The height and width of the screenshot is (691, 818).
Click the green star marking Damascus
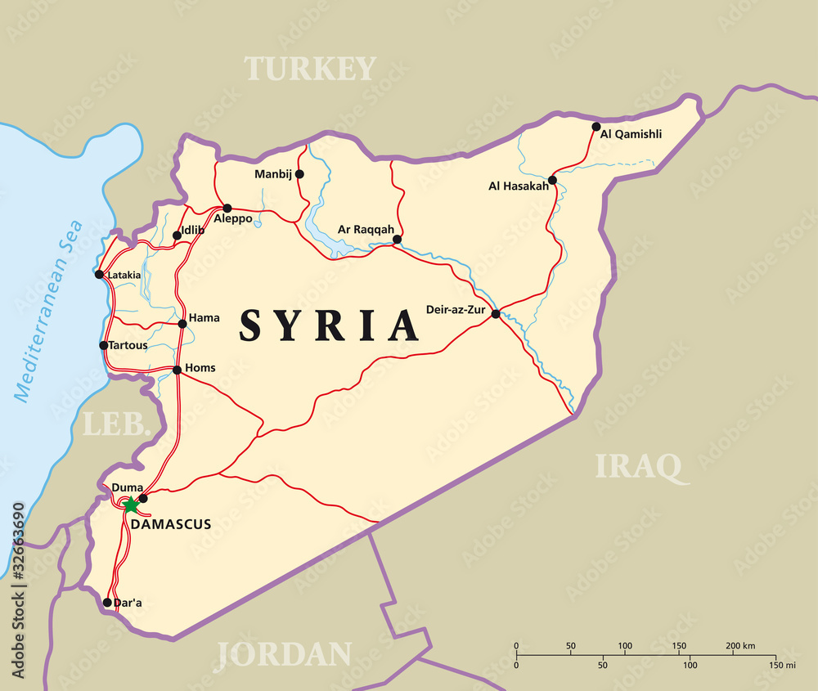point(130,505)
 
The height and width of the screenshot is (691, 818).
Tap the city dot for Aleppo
point(227,208)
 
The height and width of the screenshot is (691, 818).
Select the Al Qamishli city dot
point(596,127)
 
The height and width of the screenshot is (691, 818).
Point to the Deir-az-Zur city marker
point(496,313)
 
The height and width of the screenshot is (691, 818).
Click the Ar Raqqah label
point(366,229)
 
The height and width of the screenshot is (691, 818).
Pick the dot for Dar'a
point(107,603)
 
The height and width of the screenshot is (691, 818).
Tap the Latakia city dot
point(99,274)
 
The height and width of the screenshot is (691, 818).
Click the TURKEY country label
point(311,69)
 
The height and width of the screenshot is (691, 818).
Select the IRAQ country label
point(637,465)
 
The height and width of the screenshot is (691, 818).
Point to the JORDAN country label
point(284,654)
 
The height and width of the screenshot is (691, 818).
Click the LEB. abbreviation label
point(117,424)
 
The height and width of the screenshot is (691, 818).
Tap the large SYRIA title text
point(329,325)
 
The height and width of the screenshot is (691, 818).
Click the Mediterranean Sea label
point(49,311)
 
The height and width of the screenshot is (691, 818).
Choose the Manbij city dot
point(299,173)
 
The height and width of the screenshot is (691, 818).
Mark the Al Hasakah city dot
point(552,180)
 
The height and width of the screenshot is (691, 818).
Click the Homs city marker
point(177,370)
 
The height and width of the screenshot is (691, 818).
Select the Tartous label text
point(129,345)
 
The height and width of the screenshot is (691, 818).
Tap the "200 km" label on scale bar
point(741,646)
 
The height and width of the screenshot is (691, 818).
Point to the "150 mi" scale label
point(782,665)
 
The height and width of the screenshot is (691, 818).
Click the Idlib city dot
point(177,236)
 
